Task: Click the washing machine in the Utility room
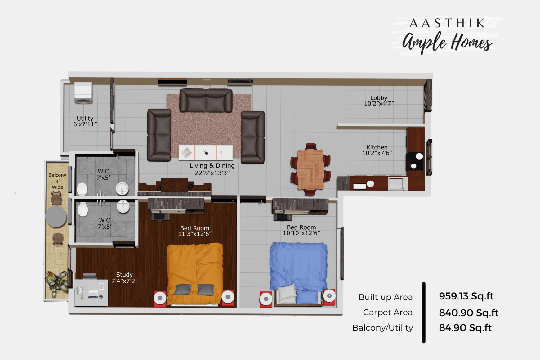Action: point(83,92)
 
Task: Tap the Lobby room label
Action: point(379,98)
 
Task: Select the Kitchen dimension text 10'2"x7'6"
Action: point(377,153)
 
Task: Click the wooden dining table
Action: point(310,169)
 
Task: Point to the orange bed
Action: point(195,274)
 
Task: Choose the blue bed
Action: point(298,273)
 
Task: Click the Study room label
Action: point(124,275)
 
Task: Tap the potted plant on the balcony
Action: point(57,283)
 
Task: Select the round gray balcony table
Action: point(56,217)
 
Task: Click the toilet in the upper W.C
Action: point(82,189)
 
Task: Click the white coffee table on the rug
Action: point(206,152)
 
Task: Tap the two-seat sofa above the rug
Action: point(206,100)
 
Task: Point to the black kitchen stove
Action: point(416,161)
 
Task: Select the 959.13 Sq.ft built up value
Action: point(466,296)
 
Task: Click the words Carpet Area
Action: point(388,313)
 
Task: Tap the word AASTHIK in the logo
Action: point(447,23)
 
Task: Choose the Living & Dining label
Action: point(212,166)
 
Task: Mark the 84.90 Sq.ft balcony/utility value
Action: point(465,328)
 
